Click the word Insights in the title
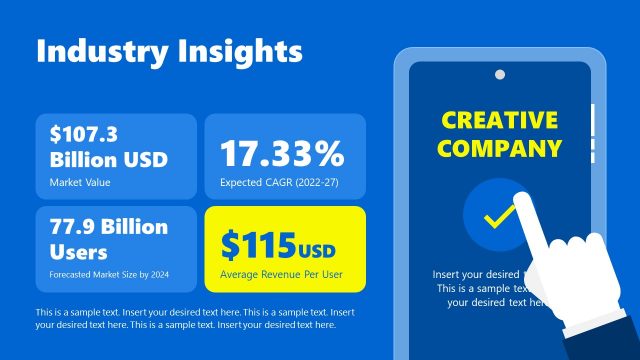pyautogui.click(x=237, y=52)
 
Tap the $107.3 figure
pyautogui.click(x=84, y=135)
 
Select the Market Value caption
pyautogui.click(x=79, y=182)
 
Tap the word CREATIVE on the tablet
pyautogui.click(x=500, y=121)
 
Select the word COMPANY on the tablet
pyautogui.click(x=500, y=150)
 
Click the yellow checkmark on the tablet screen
pyautogui.click(x=498, y=216)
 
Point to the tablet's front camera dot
pyautogui.click(x=499, y=74)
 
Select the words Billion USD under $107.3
pyautogui.click(x=108, y=159)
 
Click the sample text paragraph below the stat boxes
pyautogui.click(x=195, y=318)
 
